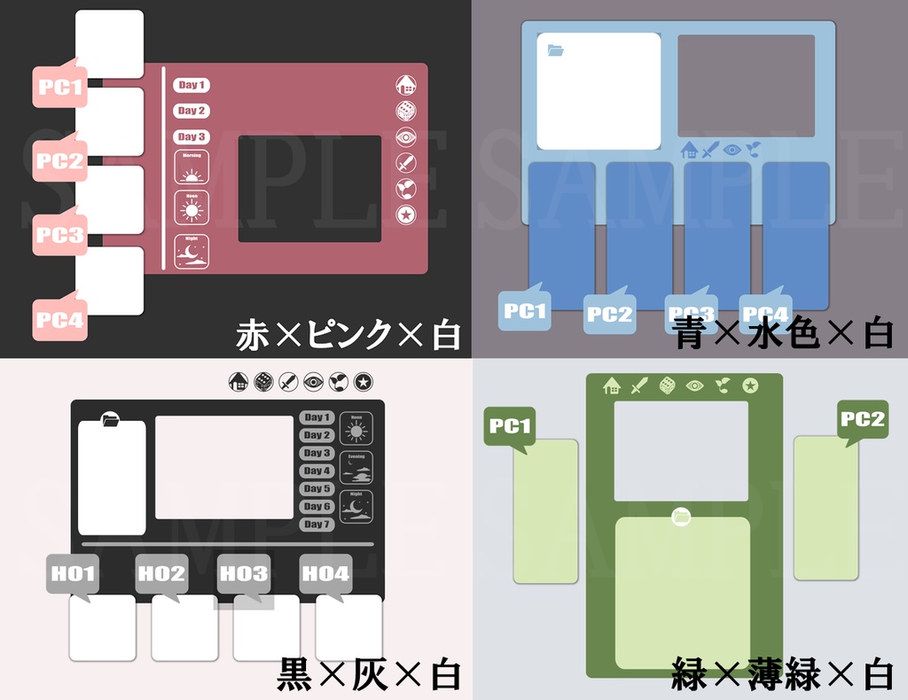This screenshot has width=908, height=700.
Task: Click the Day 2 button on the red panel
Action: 191,111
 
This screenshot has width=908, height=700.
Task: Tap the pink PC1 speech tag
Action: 60,87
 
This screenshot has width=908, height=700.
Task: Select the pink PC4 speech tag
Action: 60,320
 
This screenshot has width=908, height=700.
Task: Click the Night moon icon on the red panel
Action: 192,252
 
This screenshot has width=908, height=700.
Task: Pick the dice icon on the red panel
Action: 405,111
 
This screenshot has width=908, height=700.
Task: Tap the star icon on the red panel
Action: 405,214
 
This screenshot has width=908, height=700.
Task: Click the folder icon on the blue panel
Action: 556,51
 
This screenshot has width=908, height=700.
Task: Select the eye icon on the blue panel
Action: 732,149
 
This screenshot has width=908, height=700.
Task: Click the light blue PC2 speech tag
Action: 609,314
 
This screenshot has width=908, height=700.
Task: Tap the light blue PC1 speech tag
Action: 525,311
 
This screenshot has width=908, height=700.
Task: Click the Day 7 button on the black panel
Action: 317,525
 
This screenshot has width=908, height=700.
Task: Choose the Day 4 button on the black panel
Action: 317,471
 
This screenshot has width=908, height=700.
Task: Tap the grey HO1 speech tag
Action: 73,574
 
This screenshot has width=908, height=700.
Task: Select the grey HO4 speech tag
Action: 326,574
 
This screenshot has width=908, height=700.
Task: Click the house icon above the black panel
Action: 238,382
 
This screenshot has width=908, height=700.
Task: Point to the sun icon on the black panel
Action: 356,432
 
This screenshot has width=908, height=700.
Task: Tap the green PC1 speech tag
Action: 510,427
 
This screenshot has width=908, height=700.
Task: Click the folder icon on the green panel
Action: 681,516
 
